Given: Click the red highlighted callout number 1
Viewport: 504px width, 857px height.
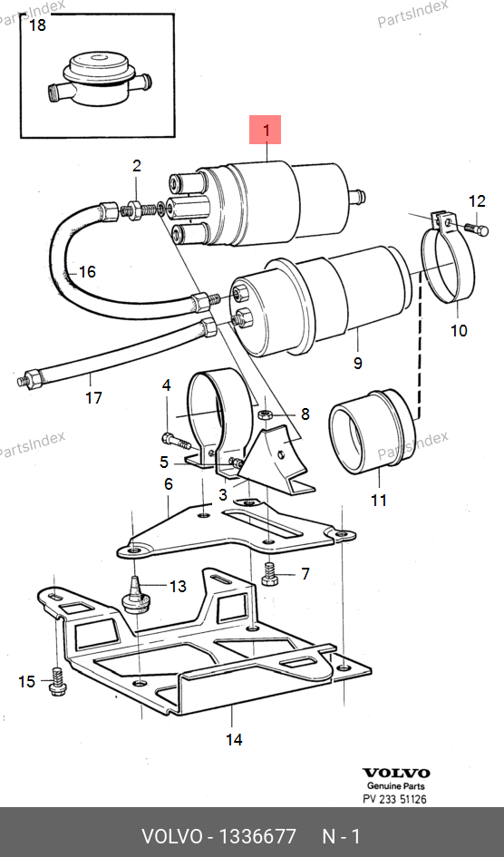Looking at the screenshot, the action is pyautogui.click(x=266, y=130).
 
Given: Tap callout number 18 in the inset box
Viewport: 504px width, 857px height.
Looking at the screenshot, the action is pyautogui.click(x=37, y=25).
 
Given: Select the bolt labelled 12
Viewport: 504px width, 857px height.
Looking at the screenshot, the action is pyautogui.click(x=476, y=229).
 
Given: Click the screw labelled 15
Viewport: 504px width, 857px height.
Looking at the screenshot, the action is pyautogui.click(x=56, y=682).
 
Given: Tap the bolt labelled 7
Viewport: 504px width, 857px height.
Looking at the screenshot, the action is pyautogui.click(x=270, y=573).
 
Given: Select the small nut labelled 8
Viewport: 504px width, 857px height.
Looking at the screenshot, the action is pyautogui.click(x=264, y=414).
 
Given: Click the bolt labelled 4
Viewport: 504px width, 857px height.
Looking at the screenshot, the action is pyautogui.click(x=175, y=441).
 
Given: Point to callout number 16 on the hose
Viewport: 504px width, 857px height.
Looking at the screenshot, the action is pyautogui.click(x=87, y=272).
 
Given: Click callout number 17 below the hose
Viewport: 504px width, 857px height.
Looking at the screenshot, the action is pyautogui.click(x=93, y=397).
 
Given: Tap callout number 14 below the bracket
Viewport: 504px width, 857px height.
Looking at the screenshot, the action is pyautogui.click(x=234, y=739).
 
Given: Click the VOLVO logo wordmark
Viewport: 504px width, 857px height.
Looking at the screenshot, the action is pyautogui.click(x=396, y=773).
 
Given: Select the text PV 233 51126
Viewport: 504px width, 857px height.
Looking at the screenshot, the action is pyautogui.click(x=395, y=799).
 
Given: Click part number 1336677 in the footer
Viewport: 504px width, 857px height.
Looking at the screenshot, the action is pyautogui.click(x=257, y=836).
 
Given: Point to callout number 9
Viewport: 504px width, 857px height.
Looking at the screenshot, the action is pyautogui.click(x=358, y=363).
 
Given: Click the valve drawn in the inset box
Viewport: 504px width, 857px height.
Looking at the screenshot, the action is pyautogui.click(x=98, y=78).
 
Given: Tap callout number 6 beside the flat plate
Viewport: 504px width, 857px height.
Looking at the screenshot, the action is pyautogui.click(x=169, y=483).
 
